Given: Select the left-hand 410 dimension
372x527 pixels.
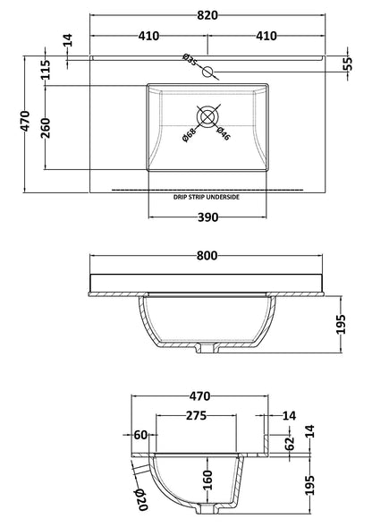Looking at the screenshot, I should [x=148, y=36].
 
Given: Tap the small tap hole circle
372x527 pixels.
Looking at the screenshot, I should [x=208, y=72].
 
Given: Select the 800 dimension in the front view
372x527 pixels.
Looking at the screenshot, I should [x=207, y=256].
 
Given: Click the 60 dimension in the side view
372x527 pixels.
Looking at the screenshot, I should [x=140, y=436].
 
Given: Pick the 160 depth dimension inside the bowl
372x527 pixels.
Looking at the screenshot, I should [x=207, y=480].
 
